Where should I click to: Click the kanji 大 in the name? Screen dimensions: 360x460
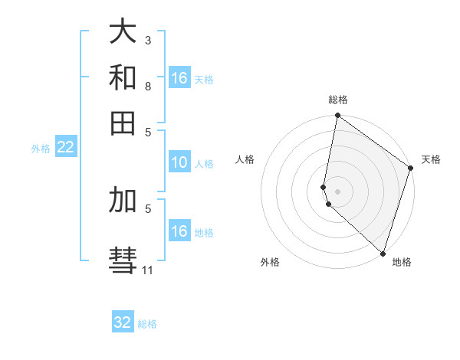123,32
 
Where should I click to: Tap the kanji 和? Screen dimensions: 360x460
123,77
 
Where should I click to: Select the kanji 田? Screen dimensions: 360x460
123,122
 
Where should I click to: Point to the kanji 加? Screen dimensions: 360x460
123,199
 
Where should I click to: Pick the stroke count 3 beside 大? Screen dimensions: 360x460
148,40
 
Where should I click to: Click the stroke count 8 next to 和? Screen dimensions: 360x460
148,86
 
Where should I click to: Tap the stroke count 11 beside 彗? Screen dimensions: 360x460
148,270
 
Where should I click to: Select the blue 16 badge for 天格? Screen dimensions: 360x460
179,78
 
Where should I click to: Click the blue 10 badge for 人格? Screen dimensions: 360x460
179,162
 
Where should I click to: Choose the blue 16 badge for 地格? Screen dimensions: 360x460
179,231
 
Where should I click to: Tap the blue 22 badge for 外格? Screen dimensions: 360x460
65,147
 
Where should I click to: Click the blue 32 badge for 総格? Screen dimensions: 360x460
123,322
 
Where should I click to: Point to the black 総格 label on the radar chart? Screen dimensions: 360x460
338,100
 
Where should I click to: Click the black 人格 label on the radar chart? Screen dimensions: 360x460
245,159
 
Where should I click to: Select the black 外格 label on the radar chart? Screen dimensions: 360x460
270,263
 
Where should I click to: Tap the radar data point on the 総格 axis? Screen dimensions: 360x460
337,116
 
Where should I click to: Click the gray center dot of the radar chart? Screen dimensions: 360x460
337,191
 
